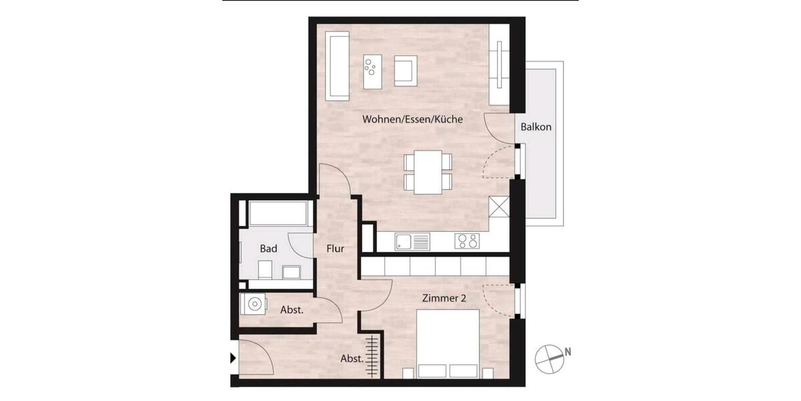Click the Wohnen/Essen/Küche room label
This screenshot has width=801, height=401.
coord(413,120)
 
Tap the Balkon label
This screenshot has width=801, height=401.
coord(536,126)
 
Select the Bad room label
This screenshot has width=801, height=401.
coord(268,249)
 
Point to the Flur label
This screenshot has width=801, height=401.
coord(335,249)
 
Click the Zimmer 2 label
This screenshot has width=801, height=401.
coord(443,298)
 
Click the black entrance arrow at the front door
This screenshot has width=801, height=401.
coord(232,359)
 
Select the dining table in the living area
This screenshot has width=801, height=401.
coord(428,172)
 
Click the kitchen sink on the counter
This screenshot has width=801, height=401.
coord(411,241)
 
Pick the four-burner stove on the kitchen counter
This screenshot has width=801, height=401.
coord(467,241)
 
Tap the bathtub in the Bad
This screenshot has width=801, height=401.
coord(277,214)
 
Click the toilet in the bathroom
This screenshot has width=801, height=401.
coord(264,270)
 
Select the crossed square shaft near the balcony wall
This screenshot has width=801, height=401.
coord(499,207)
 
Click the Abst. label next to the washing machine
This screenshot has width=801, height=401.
coord(292,310)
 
